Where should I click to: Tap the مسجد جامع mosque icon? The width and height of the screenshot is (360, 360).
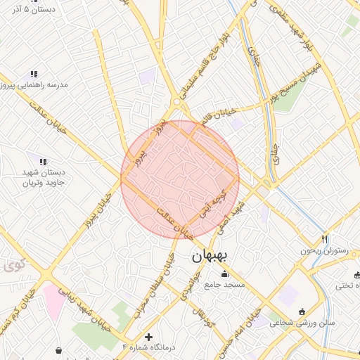coord(225,274)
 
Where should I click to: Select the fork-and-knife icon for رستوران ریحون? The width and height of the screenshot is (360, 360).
coord(324,239)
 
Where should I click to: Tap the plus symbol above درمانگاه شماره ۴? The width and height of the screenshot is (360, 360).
coord(148,337)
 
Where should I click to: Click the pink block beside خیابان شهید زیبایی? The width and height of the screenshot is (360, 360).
coord(53,300)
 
